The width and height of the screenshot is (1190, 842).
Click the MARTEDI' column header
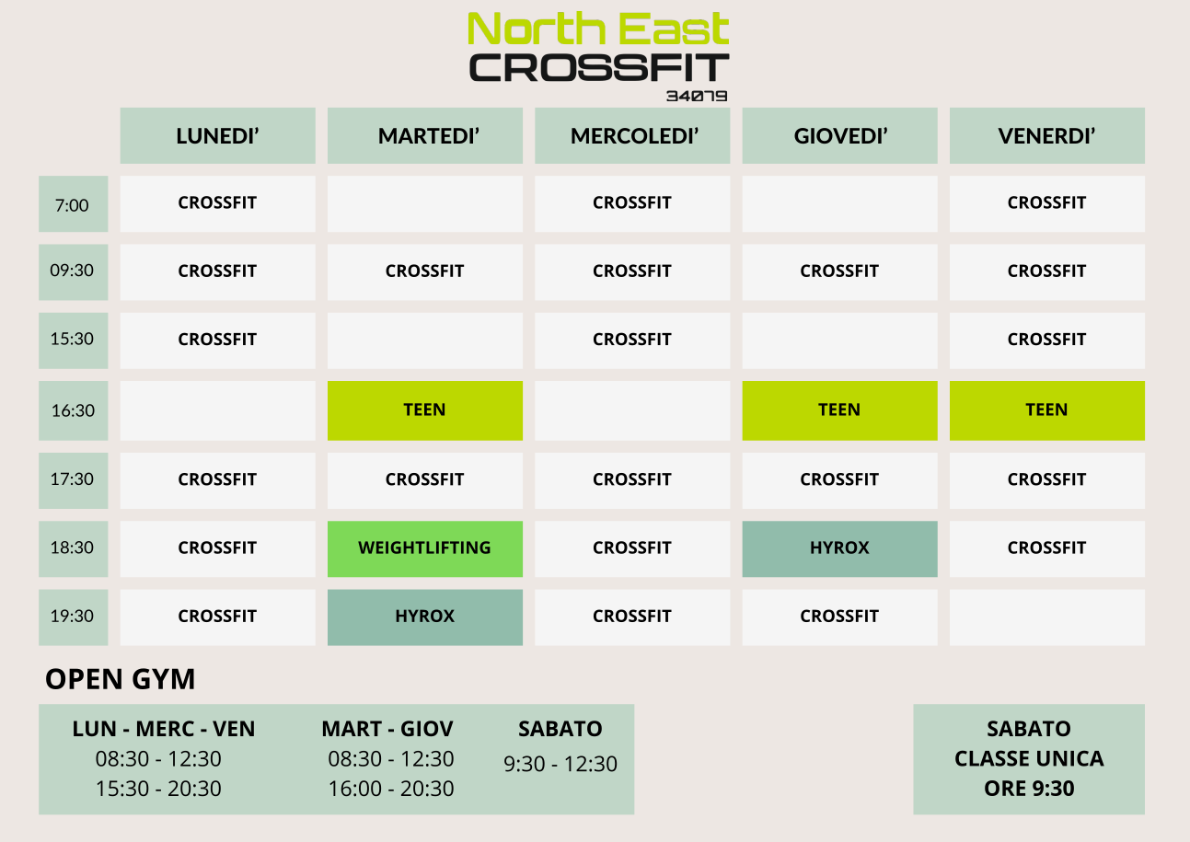point(425,135)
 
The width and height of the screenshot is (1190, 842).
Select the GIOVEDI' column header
point(840,135)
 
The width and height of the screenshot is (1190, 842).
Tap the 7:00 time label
point(74,204)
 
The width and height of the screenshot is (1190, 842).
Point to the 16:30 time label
point(74,410)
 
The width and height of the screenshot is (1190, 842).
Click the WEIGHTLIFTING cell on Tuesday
point(425,548)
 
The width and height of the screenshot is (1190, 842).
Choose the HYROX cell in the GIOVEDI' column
point(840,548)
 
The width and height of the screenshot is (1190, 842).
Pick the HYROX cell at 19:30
point(425,617)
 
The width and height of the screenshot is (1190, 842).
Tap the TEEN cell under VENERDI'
point(1047,410)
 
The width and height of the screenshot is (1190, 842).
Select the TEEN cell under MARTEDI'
point(425,410)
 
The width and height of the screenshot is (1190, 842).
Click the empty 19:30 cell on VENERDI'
point(1047,617)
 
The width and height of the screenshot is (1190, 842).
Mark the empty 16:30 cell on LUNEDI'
point(218,410)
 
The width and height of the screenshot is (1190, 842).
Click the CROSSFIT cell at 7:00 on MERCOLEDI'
point(632,204)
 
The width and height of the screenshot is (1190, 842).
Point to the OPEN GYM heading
point(120,679)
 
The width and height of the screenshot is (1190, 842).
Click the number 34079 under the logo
point(697,96)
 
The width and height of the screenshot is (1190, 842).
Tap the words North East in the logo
point(598,29)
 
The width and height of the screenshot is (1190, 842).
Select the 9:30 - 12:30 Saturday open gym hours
point(560,764)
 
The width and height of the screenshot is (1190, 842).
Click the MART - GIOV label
point(387,729)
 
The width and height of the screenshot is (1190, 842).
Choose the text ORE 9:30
point(1029,789)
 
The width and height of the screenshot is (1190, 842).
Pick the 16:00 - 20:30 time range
point(391,789)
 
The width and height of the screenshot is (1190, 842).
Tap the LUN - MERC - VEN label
point(164,729)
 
